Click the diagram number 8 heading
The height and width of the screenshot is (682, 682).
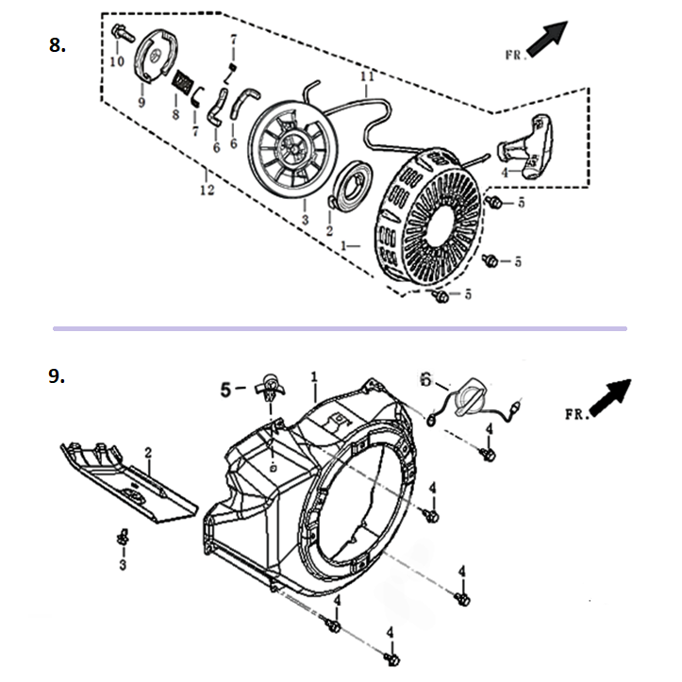click(58, 45)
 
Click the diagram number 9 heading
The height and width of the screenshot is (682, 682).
click(58, 375)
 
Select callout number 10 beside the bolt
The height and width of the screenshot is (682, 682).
click(117, 61)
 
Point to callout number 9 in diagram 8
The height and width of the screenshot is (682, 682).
click(141, 102)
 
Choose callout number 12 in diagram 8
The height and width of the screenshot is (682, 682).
click(207, 190)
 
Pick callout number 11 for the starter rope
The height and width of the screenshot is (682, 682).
click(366, 74)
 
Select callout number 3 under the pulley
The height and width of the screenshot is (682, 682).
click(305, 219)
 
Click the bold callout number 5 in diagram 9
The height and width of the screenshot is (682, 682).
click(226, 387)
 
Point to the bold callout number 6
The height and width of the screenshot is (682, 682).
click(425, 379)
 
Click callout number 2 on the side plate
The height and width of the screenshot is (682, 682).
click(148, 453)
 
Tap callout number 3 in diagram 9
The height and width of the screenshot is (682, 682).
click(121, 564)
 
